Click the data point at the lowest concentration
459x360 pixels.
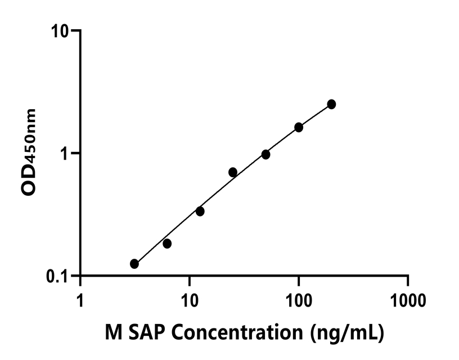[134, 264]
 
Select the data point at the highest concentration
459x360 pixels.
[331, 104]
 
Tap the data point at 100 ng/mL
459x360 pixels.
[299, 127]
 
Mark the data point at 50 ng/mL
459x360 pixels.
[265, 154]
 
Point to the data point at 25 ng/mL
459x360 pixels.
[233, 172]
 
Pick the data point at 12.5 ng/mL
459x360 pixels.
[200, 211]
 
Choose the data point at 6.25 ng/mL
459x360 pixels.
[167, 244]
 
